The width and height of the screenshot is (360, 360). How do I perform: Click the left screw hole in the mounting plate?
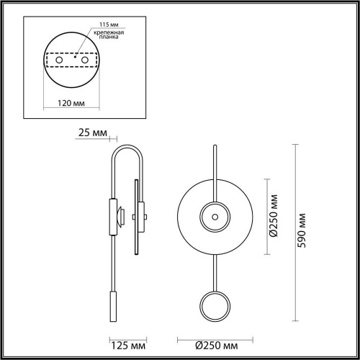[59, 60]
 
